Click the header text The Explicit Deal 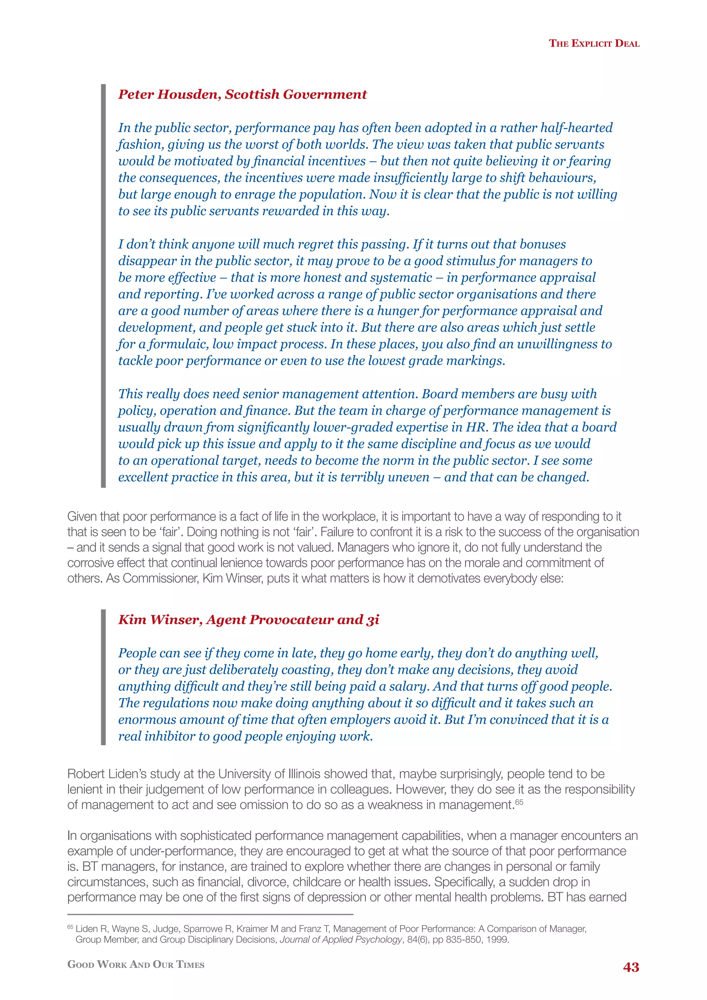[594, 43]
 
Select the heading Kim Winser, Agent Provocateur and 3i [249, 619]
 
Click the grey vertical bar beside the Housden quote [103, 285]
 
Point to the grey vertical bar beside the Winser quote [103, 677]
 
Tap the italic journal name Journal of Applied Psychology [340, 940]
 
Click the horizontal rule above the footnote [210, 915]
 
